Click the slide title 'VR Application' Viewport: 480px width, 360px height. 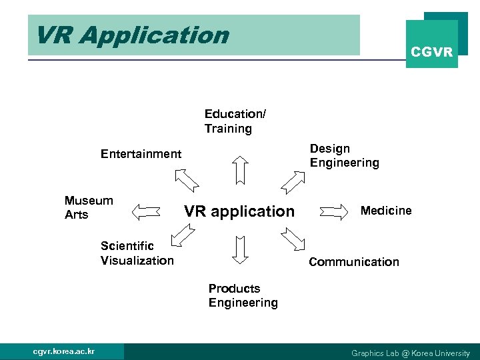click(132, 35)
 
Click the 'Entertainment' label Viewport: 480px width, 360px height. click(141, 154)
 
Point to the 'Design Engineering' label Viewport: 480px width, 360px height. click(344, 155)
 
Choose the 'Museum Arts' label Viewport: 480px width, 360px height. click(89, 207)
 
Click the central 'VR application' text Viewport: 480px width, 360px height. click(239, 211)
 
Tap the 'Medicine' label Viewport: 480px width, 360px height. click(386, 211)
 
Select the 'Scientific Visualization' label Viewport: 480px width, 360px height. click(137, 253)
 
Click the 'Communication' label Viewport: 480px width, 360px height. click(354, 262)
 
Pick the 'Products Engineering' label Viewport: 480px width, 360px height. click(243, 295)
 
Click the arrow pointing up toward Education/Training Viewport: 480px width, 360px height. click(240, 169)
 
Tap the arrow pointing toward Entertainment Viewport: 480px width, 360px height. click(187, 180)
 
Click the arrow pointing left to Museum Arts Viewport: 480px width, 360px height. click(147, 212)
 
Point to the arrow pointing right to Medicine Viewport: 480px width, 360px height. click(335, 212)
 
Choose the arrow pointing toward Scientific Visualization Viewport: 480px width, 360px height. click(181, 236)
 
